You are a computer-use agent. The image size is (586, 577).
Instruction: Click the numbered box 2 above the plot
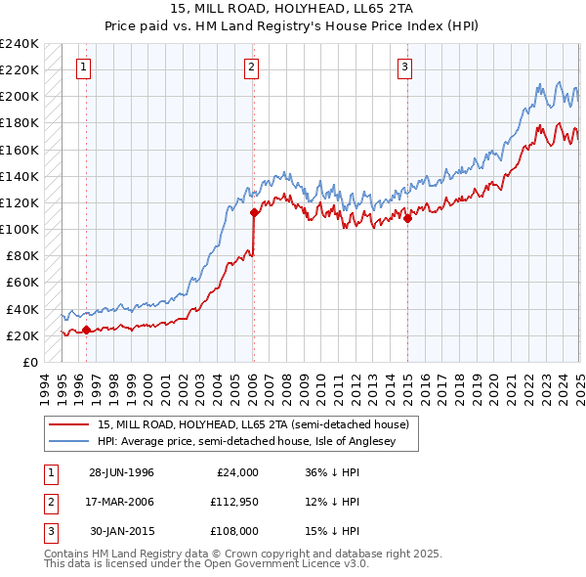point(251,67)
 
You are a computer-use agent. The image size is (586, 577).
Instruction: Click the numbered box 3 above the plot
point(404,67)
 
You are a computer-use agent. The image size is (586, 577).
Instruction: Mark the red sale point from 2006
point(253,212)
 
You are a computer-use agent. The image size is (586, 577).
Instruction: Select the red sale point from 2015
point(407,218)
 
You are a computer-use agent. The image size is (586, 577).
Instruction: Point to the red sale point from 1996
point(86,330)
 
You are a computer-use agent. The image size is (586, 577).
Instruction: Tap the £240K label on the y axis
point(20,44)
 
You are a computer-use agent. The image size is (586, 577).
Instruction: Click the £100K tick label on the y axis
point(20,229)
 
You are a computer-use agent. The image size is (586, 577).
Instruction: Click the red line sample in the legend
point(69,423)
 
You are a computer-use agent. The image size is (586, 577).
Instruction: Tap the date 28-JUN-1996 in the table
point(121,472)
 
